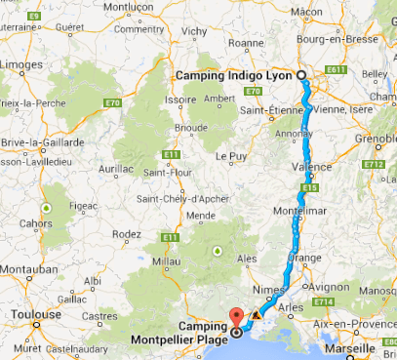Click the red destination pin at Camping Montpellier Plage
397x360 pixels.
pos(235,319)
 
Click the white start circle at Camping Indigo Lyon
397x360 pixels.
pos(301,76)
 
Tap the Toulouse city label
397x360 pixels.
pos(38,315)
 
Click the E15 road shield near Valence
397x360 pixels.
pos(311,185)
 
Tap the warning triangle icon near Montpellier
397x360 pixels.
pos(257,316)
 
